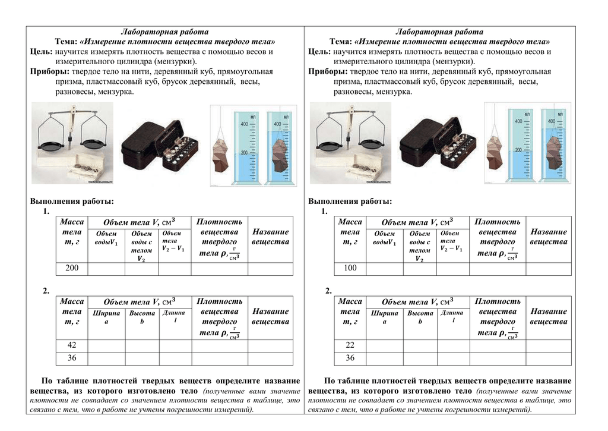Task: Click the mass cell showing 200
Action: pos(72,268)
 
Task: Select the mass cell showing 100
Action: pos(350,268)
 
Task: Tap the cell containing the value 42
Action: pos(72,345)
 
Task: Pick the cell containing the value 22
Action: pos(350,345)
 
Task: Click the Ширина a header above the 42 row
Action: pos(106,317)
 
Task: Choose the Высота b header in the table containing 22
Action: pos(420,317)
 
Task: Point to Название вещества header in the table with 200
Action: pos(270,237)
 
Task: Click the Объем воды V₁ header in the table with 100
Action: pos(385,238)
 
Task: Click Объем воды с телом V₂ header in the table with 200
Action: pos(141,246)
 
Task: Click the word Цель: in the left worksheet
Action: pos(42,52)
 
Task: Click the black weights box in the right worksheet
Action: pos(436,144)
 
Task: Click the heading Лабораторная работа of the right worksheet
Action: pos(439,32)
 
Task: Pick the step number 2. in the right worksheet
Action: pos(328,291)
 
